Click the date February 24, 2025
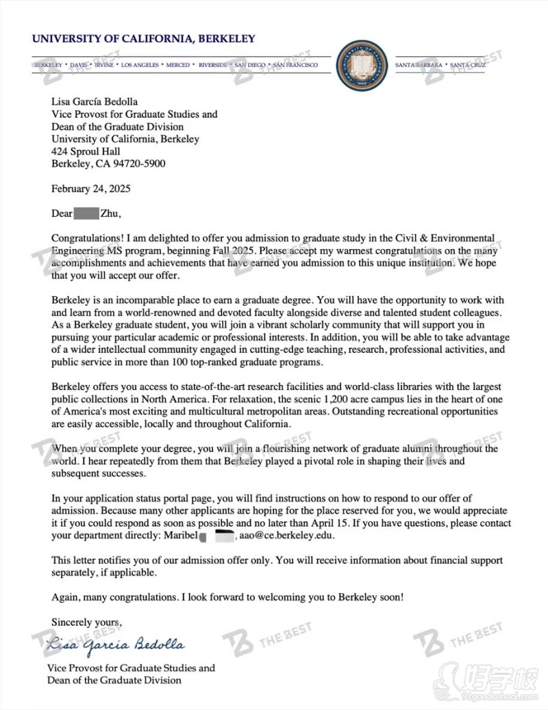pyautogui.click(x=91, y=189)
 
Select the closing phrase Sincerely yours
pyautogui.click(x=86, y=622)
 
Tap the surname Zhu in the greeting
pyautogui.click(x=110, y=213)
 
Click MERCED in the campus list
pyautogui.click(x=177, y=65)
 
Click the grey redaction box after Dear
pyautogui.click(x=86, y=213)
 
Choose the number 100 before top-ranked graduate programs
pyautogui.click(x=175, y=362)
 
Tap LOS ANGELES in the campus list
pyautogui.click(x=140, y=65)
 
